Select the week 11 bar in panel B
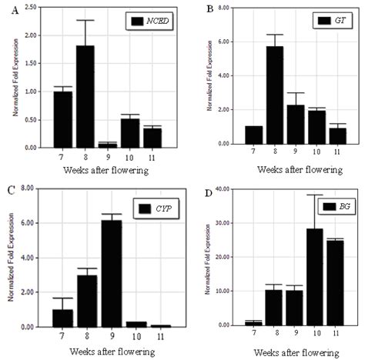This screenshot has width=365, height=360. coord(337,135)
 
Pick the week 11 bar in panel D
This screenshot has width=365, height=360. coord(336,282)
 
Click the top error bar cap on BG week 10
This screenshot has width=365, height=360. coord(314,195)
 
